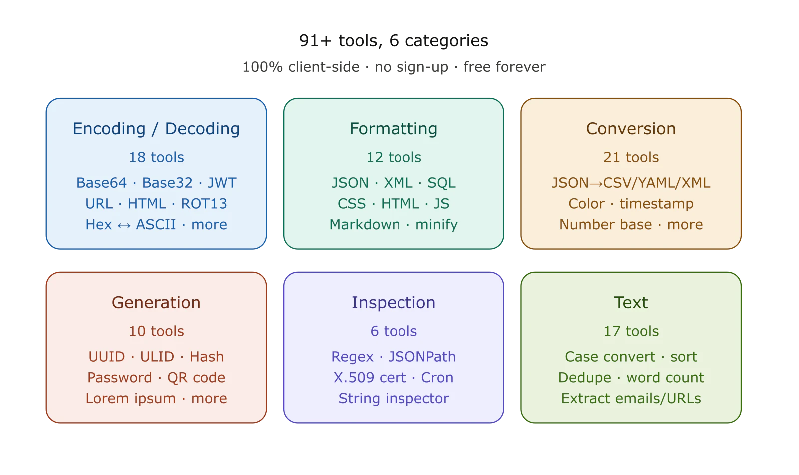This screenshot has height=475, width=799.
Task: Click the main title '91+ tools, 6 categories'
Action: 394,40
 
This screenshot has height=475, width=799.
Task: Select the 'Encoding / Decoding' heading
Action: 156,129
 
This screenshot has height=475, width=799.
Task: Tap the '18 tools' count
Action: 156,157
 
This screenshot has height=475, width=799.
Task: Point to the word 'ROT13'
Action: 204,204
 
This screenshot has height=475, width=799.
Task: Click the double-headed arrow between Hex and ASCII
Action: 124,225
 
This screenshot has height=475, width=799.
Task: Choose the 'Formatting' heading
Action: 394,129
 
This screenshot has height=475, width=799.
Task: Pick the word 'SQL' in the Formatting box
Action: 441,183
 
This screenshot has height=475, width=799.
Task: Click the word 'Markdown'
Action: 365,224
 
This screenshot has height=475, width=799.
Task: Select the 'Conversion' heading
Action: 631,129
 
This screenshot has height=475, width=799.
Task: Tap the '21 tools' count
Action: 631,157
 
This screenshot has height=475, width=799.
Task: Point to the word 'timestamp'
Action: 656,204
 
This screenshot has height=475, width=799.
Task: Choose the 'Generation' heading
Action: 156,303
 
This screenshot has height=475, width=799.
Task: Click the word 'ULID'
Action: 157,357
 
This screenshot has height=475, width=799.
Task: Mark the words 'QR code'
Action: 196,378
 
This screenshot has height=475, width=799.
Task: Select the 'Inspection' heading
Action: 394,303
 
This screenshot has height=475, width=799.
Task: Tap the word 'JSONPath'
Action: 422,357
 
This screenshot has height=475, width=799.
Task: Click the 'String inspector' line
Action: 394,399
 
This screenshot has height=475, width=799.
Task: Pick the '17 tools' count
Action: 631,331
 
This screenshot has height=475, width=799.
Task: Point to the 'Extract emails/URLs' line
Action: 631,398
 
